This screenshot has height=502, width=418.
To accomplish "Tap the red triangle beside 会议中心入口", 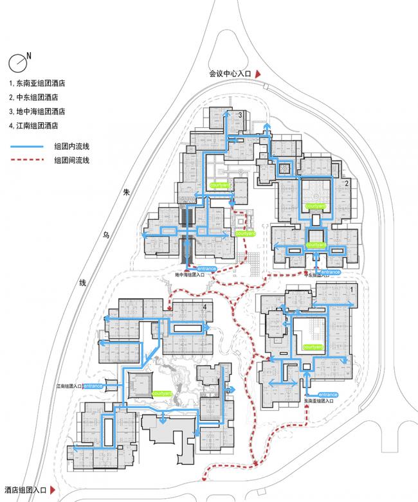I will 258,75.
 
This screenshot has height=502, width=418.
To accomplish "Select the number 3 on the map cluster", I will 240,115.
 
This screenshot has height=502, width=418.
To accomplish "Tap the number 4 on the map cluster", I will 204,307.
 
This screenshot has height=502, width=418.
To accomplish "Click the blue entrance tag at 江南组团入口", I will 92,386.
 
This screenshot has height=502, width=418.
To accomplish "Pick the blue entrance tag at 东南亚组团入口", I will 328,394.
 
